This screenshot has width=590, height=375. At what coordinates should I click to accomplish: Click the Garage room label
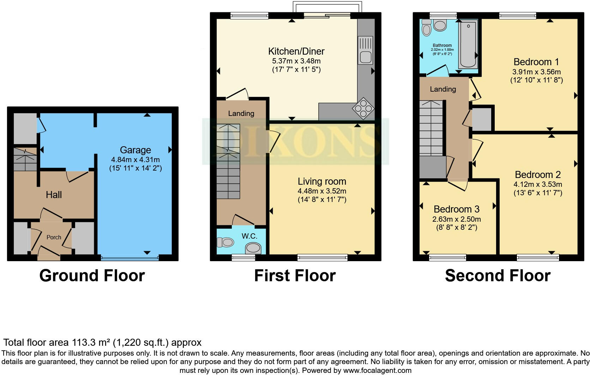coord(135,150)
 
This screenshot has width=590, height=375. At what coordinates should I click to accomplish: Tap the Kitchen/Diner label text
coord(296,51)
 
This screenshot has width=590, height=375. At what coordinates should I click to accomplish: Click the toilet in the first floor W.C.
coord(226,242)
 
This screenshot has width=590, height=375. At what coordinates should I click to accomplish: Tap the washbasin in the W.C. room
coord(253,249)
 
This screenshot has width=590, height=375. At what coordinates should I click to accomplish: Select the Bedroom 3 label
coord(456,209)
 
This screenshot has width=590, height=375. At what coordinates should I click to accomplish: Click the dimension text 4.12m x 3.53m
coord(537,184)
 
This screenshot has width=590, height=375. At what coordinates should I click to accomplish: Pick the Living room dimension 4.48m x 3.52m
coord(321,191)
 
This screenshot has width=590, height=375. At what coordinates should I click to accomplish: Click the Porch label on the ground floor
coord(54,238)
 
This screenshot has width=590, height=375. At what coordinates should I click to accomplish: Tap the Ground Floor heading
coord(92,276)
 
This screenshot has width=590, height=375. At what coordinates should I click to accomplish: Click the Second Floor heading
coord(497,276)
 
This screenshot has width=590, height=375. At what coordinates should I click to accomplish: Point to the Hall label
coord(54,195)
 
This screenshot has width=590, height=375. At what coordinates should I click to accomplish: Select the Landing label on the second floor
coord(442,89)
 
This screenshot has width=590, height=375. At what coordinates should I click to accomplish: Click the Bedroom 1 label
coord(536,62)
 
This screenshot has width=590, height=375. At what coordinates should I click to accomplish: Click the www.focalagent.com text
coord(377,370)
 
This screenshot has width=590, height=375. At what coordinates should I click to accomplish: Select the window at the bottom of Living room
coord(322,258)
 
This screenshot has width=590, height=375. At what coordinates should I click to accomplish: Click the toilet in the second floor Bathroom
coord(426,28)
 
